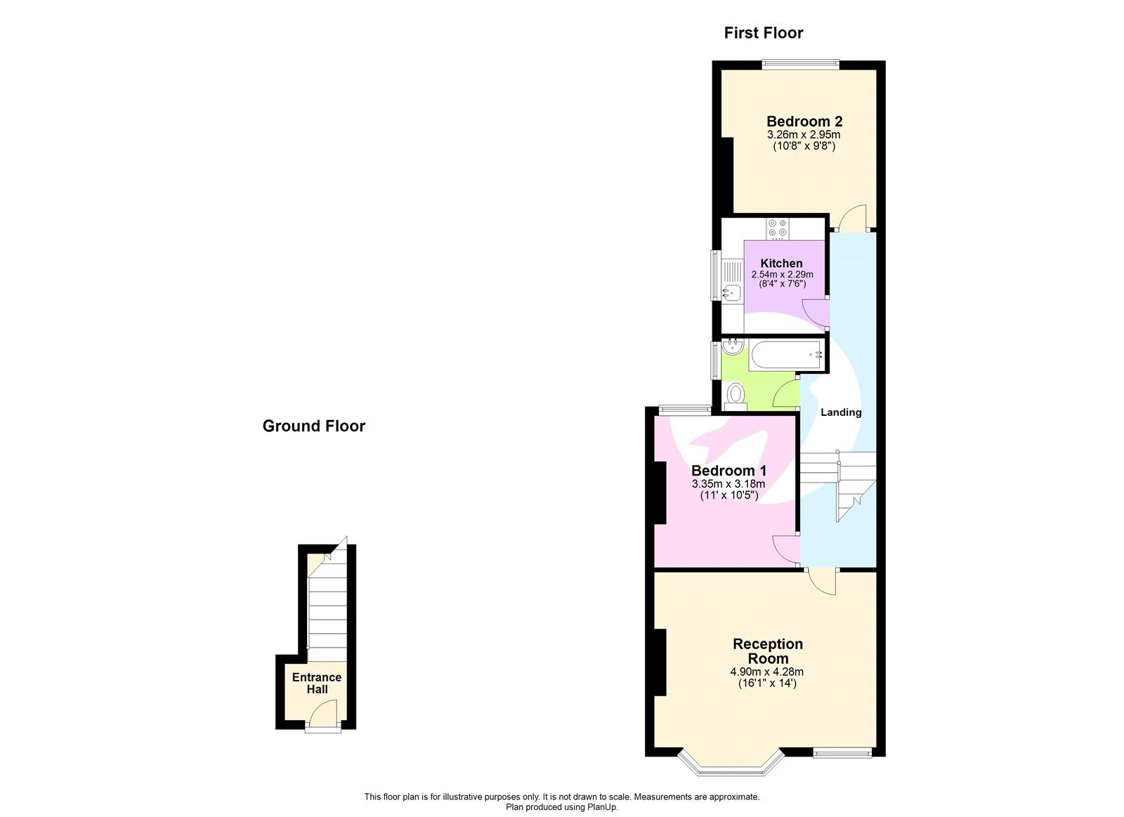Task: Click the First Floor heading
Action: coord(764,33)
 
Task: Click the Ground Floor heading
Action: coord(313,426)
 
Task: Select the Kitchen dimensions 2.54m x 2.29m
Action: coord(782,275)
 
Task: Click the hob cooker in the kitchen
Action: coord(778,228)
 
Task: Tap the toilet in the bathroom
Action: coord(736,395)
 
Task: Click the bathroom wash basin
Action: coord(732,346)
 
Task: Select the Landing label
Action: coord(841,412)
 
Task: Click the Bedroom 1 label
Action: coord(728,471)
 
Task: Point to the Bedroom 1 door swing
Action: coord(785,548)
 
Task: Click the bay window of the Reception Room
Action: coord(731,767)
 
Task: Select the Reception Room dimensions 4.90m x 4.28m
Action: coord(766,672)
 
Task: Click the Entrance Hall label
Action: coord(317,683)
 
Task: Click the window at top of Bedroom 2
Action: coord(800,65)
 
